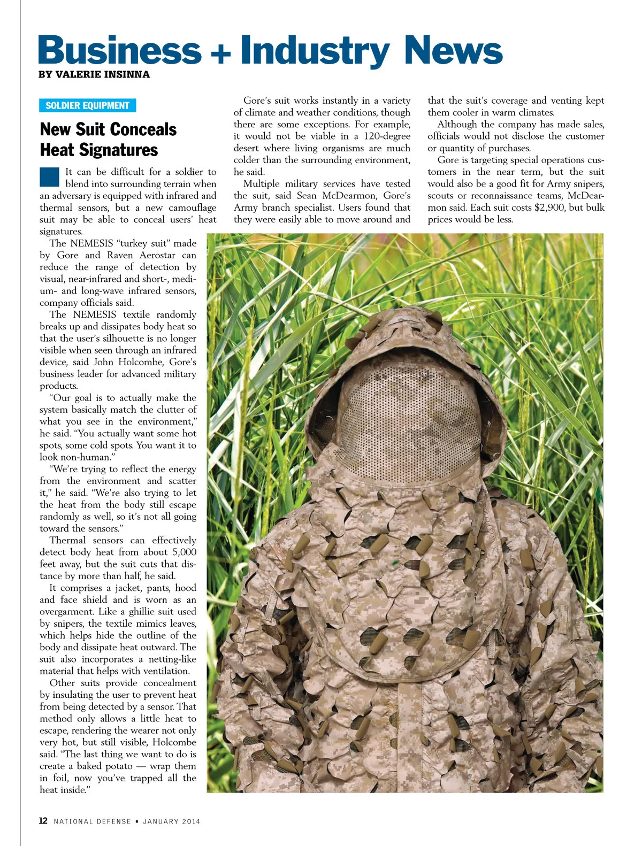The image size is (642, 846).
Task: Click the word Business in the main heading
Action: click(x=119, y=51)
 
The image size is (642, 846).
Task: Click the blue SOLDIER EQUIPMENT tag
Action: click(x=87, y=105)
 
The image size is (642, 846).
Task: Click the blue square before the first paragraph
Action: click(x=49, y=176)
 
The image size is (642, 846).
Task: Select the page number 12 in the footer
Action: click(x=43, y=821)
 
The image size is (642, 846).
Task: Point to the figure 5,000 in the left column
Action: click(x=184, y=552)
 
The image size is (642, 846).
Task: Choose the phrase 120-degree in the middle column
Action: click(x=387, y=136)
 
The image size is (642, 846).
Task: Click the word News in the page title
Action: click(x=453, y=51)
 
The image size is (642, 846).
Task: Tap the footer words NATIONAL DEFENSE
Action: click(x=92, y=821)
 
